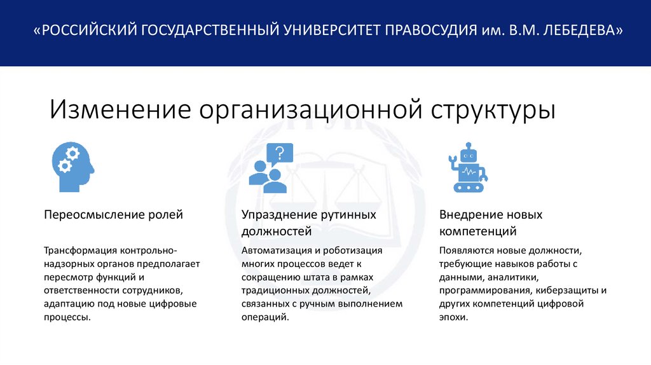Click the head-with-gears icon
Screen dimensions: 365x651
(72, 167)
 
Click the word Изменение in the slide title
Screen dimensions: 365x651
(120, 109)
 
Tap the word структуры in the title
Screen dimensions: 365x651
(493, 109)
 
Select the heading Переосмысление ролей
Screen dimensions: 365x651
(113, 215)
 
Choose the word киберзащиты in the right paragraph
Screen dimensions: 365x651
(570, 291)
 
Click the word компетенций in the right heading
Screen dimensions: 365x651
(477, 231)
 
